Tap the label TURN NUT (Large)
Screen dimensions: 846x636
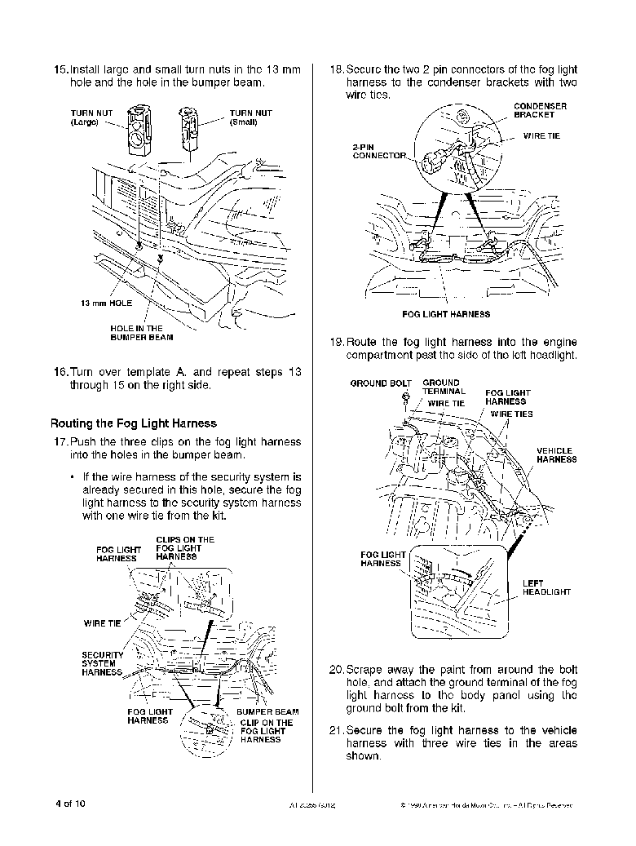88,117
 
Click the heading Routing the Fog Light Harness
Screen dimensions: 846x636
134,423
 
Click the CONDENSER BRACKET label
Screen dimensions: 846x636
540,110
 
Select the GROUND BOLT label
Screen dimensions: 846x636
381,383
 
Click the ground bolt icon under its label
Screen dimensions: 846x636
405,398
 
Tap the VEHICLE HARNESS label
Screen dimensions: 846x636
556,455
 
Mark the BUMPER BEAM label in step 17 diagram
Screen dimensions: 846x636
267,712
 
